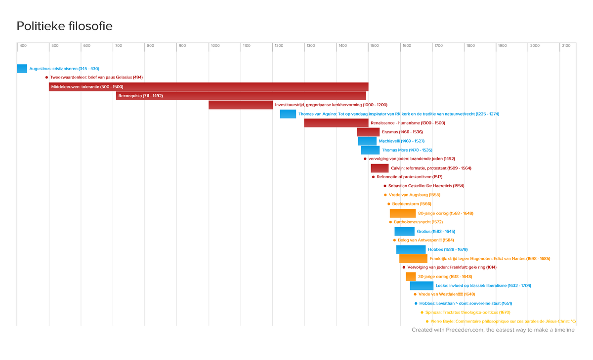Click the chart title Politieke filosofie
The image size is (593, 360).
pos(65,26)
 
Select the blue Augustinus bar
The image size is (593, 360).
pos(22,69)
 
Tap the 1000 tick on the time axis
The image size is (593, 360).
pos(215,45)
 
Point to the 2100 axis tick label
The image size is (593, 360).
pos(566,45)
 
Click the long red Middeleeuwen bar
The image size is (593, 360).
pos(208,87)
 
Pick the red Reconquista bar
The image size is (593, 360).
pos(241,96)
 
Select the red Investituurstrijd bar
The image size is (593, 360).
pos(240,105)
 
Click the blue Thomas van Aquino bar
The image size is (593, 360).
pos(288,114)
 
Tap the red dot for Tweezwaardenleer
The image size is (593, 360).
pos(46,78)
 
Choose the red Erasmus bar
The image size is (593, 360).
pos(368,132)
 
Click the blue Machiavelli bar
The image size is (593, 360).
pos(367,141)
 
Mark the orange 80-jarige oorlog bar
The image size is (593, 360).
pos(402,213)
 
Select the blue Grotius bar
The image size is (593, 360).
pos(404,231)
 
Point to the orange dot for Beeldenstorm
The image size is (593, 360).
pos(389,204)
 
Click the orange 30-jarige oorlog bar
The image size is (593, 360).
pos(411,277)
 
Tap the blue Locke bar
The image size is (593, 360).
pos(422,285)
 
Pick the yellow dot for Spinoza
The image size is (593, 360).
pos(421,313)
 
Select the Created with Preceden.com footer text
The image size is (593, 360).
pos(493,330)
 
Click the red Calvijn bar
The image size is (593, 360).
pos(380,168)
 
